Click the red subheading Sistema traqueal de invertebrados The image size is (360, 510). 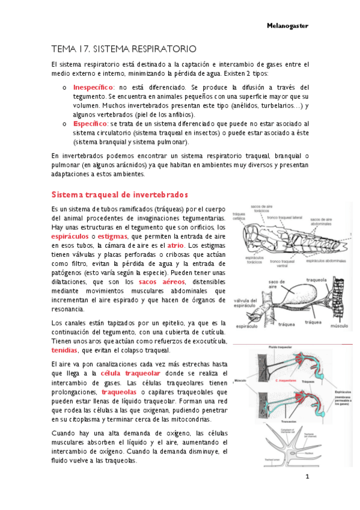[x=120, y=195]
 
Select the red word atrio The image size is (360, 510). [x=175, y=245]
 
